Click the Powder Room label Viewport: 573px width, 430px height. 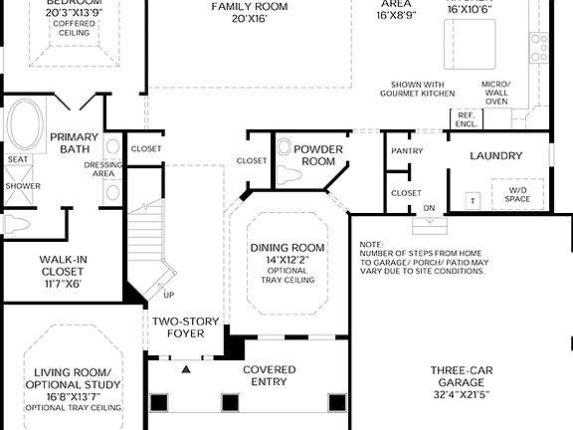pos(318,155)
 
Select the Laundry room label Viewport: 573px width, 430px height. pos(495,155)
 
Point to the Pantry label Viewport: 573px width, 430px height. pos(407,150)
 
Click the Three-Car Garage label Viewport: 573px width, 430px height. pos(458,382)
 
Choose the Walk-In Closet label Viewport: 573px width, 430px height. pos(61,270)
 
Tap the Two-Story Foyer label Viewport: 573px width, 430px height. pos(178,327)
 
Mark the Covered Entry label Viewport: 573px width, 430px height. pos(269,375)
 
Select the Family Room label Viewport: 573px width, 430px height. pos(249,11)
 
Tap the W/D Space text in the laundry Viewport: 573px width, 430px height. pos(518,194)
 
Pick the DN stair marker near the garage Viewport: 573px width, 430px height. pos(430,207)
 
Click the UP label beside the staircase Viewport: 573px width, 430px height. pos(168,296)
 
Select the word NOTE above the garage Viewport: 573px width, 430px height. pos(371,244)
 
